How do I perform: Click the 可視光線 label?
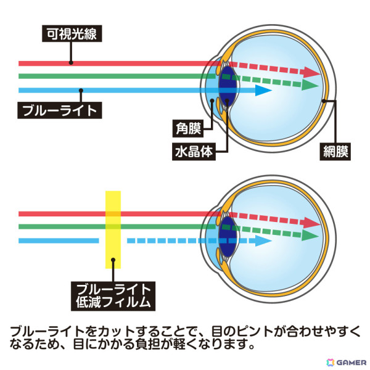pos(72,33)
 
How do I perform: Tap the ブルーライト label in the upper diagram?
pos(60,110)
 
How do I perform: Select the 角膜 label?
pos(188,129)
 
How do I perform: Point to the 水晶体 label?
pos(194,152)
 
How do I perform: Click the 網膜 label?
pos(335,152)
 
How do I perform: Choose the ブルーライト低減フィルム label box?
pos(113,296)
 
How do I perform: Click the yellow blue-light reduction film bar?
pos(113,229)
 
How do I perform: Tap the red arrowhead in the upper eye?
pos(312,72)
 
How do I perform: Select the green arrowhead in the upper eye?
pos(310,85)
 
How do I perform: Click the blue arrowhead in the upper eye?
pos(263,91)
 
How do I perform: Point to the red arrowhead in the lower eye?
pos(312,223)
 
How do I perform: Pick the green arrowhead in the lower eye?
pos(310,236)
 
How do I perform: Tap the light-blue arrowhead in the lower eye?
pos(263,241)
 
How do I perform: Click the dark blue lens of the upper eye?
pos(227,86)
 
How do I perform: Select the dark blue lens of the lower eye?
pos(227,237)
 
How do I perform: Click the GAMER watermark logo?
pos(346,363)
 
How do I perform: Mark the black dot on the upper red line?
pos(71,63)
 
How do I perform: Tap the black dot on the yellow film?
pos(113,260)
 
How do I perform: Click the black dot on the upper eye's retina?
pos(324,101)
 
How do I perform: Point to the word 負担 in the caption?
pos(148,344)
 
